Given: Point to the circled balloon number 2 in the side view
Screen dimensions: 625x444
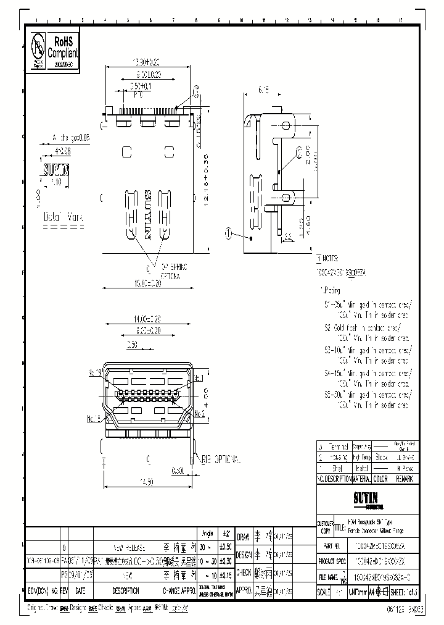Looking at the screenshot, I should [300, 151].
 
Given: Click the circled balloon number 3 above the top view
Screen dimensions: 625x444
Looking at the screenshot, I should [197, 91].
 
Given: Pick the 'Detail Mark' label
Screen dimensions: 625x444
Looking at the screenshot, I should [63, 217].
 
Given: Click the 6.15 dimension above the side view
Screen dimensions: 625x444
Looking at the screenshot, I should [264, 90].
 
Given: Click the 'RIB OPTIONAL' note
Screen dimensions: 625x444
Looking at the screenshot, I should [218, 459].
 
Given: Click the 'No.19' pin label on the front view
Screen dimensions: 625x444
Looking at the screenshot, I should [96, 372].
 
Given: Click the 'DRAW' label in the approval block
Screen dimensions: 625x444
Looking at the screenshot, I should [244, 538].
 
